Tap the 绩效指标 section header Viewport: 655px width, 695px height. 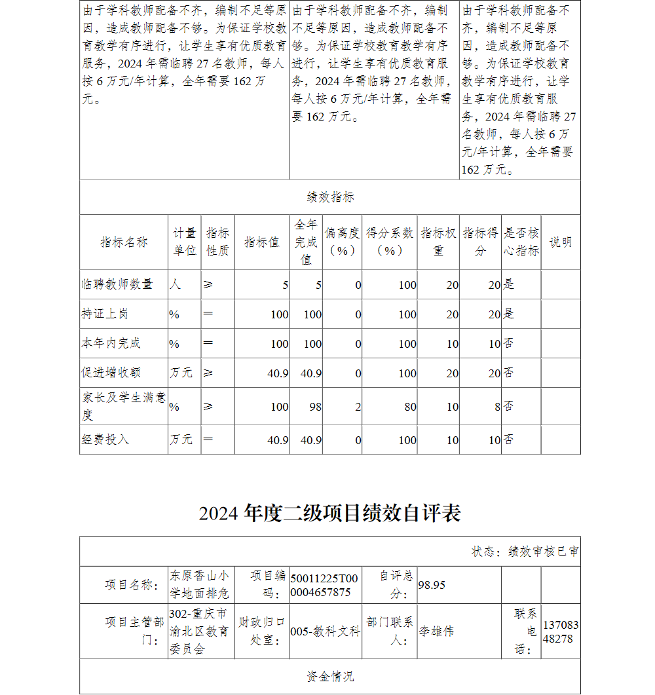[x=330, y=197]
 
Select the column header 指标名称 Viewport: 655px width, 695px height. [x=124, y=242]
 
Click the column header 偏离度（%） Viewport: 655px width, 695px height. [x=342, y=242]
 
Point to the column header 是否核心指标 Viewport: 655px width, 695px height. [x=521, y=242]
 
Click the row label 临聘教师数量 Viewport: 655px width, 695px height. [x=117, y=284]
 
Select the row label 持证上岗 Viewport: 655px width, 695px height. [x=105, y=314]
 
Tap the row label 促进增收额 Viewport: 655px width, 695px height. [x=111, y=373]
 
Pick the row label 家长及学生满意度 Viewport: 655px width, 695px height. [x=123, y=406]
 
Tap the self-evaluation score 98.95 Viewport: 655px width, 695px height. [x=432, y=585]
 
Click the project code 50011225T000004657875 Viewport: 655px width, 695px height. [x=324, y=585]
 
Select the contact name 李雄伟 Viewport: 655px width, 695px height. [x=436, y=631]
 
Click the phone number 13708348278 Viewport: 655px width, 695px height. [x=561, y=631]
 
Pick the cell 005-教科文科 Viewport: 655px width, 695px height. [x=325, y=631]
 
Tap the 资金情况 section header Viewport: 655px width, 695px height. [x=330, y=677]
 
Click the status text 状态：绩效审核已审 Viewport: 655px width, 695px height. [x=525, y=552]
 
